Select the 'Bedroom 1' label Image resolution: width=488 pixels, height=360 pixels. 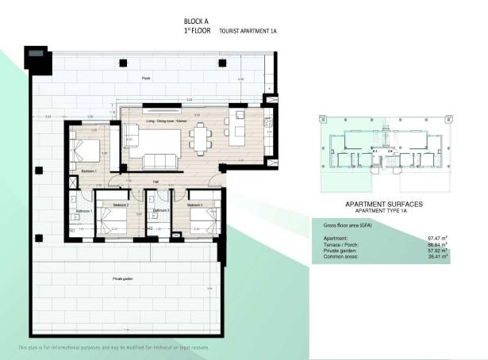click(89, 171)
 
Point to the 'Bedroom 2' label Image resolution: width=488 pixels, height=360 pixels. click(121, 205)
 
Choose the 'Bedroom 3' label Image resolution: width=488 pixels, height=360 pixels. click(195, 205)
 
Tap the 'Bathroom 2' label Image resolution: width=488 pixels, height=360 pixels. click(161, 210)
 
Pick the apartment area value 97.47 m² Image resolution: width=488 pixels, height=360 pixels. click(438, 237)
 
